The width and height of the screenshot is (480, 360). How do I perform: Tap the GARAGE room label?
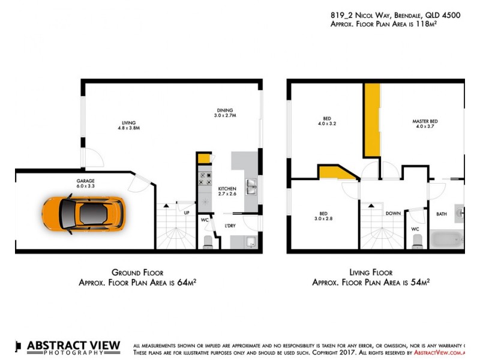pos(85,181)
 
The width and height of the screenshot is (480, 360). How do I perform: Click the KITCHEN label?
pos(227,189)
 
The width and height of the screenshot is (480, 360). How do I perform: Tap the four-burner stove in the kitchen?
pos(205,178)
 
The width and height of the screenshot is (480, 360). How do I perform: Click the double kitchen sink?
pos(251,187)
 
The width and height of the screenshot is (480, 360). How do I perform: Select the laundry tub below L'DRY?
pos(251,242)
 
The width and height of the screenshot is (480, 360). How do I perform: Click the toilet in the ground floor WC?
pos(208,241)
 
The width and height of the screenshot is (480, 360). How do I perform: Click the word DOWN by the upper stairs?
pos(393,214)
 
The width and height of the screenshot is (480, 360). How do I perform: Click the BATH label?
pos(442,214)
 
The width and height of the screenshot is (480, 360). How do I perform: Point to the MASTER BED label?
pos(425,121)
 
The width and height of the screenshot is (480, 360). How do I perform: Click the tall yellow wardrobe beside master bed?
pos(372,120)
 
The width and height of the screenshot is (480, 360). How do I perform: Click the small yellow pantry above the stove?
pos(204,158)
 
